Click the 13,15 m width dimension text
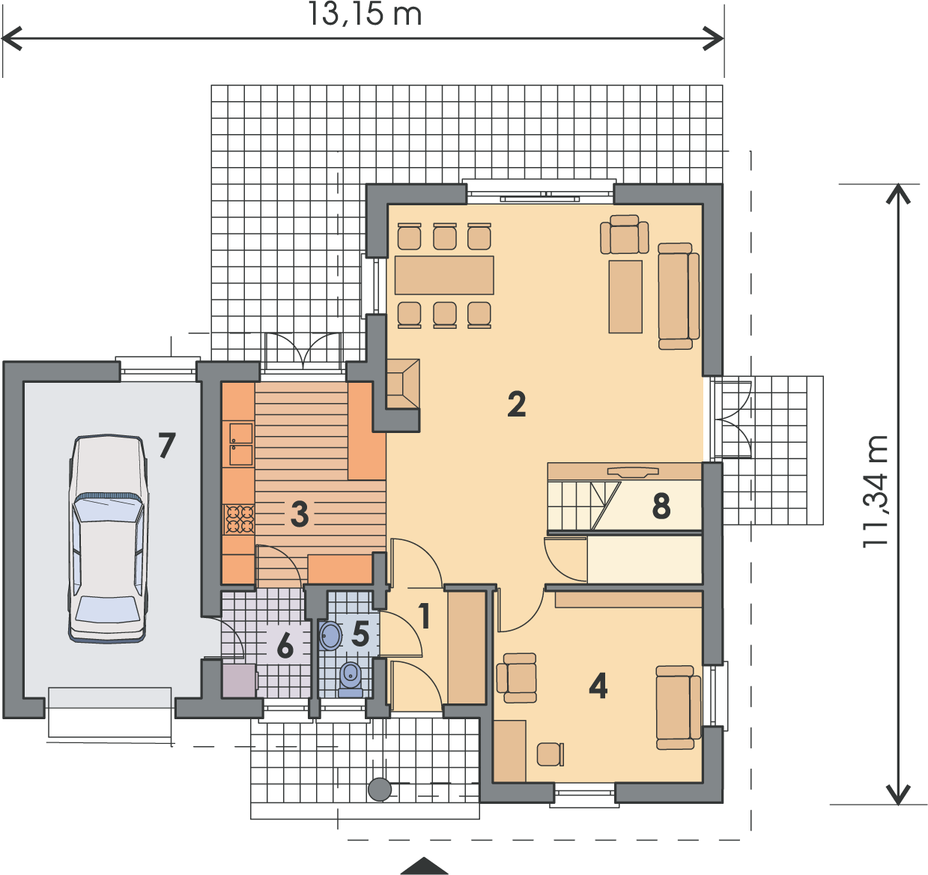365,14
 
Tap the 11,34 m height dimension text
874,491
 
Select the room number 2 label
516,404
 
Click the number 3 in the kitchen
300,514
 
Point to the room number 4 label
598,686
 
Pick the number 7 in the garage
166,445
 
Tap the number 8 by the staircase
661,506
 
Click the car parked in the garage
108,539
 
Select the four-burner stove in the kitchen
239,519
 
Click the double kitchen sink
240,443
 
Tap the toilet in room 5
351,679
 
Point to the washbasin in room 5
330,636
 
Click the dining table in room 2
444,275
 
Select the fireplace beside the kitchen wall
403,384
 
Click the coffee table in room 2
625,297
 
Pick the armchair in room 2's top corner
624,234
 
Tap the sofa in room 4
679,708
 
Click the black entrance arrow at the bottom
424,866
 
